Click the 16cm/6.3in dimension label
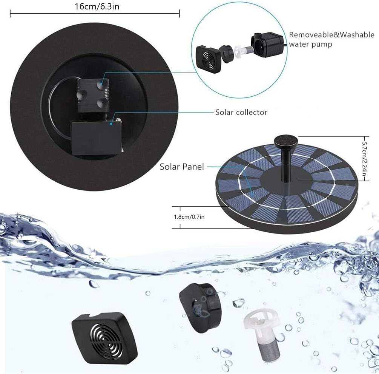tap(94, 6)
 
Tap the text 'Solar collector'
tap(241, 112)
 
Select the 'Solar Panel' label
tap(182, 167)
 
